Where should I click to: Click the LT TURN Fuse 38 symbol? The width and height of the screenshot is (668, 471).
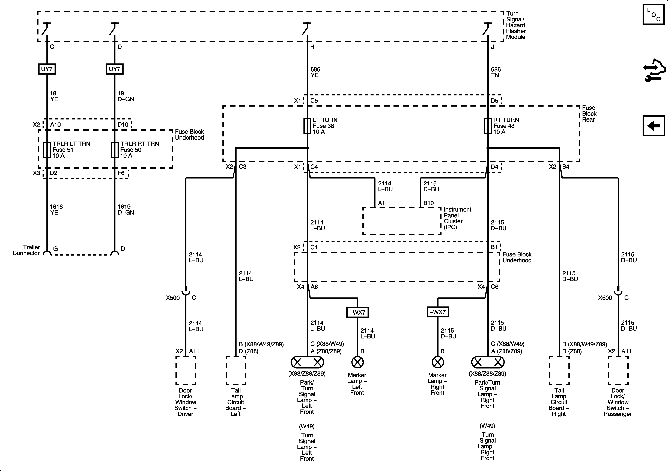307,126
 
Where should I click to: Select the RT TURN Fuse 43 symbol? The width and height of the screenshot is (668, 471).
488,126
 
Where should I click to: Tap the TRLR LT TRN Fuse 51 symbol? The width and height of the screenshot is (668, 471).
47,150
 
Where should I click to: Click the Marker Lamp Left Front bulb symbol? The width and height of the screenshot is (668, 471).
357,362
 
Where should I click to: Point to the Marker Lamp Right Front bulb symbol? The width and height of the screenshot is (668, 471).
438,362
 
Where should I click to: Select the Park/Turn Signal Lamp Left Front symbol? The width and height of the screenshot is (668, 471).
307,362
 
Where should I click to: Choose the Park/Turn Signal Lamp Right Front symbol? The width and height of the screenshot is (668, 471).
488,362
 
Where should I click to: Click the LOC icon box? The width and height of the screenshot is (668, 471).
653,14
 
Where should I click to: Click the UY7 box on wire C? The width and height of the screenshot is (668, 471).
47,69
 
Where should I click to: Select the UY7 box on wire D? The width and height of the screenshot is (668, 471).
115,69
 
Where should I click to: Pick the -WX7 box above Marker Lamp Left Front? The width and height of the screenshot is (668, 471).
357,312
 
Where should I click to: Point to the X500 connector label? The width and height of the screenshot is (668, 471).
173,298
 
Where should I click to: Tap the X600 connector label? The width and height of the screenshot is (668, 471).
605,298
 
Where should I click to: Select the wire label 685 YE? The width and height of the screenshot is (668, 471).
315,72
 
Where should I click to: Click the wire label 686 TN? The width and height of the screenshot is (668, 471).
496,72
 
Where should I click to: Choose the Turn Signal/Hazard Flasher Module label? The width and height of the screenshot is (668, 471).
515,25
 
